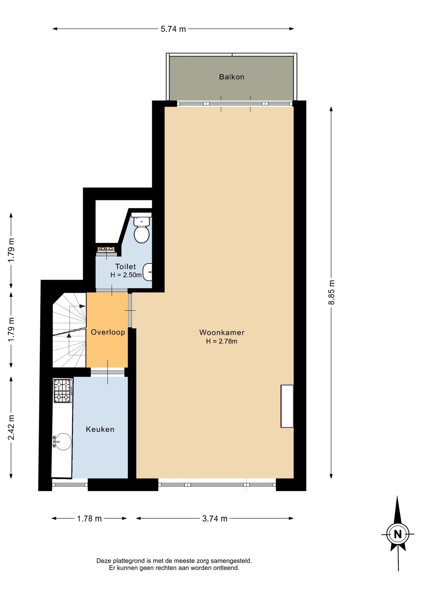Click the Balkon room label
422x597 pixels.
[232, 77]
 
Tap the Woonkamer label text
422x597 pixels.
[222, 332]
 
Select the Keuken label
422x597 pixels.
[100, 429]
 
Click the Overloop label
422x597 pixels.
[108, 332]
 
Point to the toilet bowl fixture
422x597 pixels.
[141, 230]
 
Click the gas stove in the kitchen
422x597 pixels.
[63, 391]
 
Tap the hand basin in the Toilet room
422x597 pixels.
[148, 272]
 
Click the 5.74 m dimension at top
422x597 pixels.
[173, 29]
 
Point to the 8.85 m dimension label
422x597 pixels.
[332, 292]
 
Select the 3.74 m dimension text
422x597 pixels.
[215, 519]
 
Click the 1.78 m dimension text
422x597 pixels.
[89, 519]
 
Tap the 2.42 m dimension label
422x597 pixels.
[11, 428]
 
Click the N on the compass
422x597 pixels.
[398, 534]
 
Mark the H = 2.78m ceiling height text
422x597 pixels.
[222, 341]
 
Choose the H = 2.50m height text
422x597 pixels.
[126, 275]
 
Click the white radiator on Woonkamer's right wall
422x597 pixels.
[287, 406]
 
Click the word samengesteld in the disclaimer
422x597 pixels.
[231, 561]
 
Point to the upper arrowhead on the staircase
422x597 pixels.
[82, 306]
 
